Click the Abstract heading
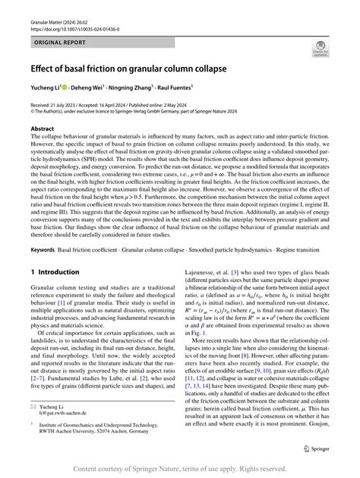43,129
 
